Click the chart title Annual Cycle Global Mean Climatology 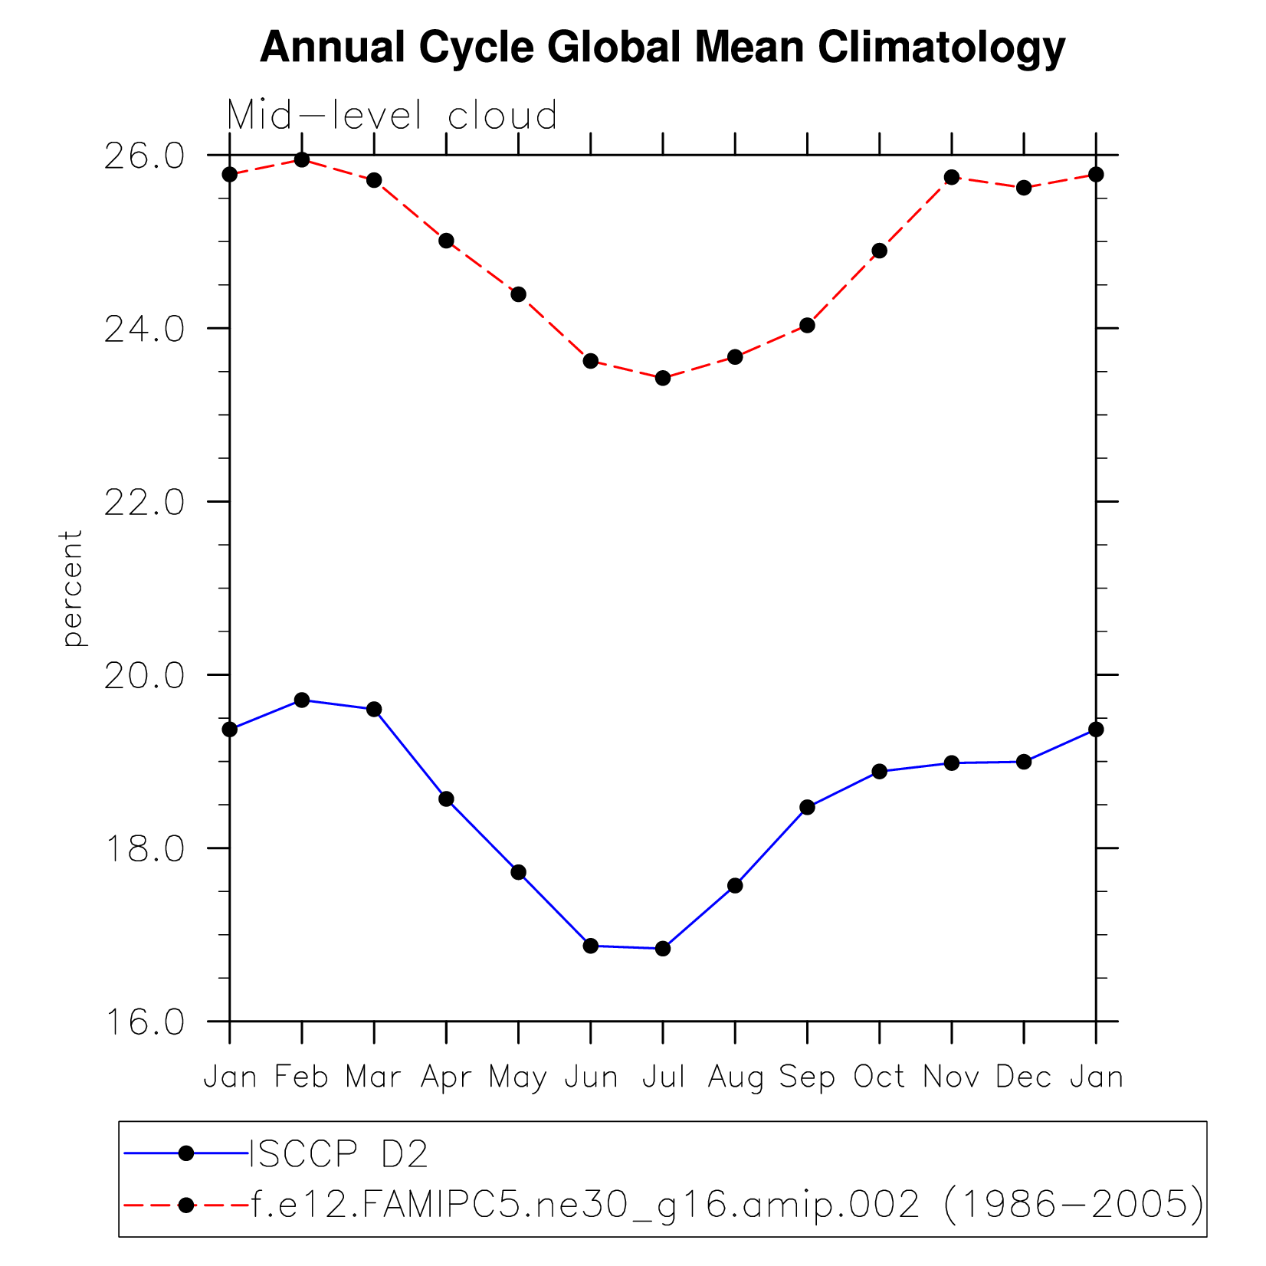(662, 48)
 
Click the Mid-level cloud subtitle (392, 116)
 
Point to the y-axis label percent (72, 588)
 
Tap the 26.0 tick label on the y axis (145, 156)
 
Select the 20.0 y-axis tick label (145, 676)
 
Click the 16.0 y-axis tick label (145, 1023)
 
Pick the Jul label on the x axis (663, 1077)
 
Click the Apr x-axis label (446, 1078)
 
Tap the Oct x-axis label (879, 1077)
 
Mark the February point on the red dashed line (302, 160)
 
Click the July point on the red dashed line (663, 378)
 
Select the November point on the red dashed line (952, 178)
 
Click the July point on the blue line (663, 949)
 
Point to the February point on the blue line (302, 700)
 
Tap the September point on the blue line (807, 807)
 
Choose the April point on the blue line (446, 799)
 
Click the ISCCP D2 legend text (338, 1153)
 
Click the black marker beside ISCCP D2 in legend (185, 1153)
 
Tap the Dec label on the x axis (1024, 1077)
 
